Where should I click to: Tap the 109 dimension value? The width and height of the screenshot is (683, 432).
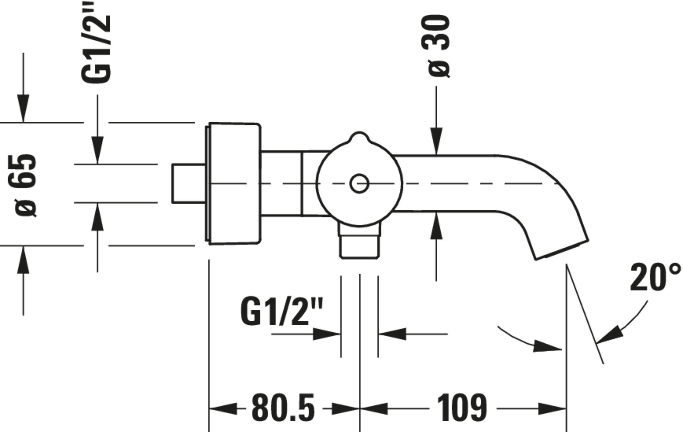pyautogui.click(x=462, y=408)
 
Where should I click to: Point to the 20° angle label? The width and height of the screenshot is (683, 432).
pyautogui.click(x=655, y=277)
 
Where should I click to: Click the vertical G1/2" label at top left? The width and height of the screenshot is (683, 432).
pyautogui.click(x=96, y=42)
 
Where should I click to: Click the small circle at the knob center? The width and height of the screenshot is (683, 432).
pyautogui.click(x=359, y=184)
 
